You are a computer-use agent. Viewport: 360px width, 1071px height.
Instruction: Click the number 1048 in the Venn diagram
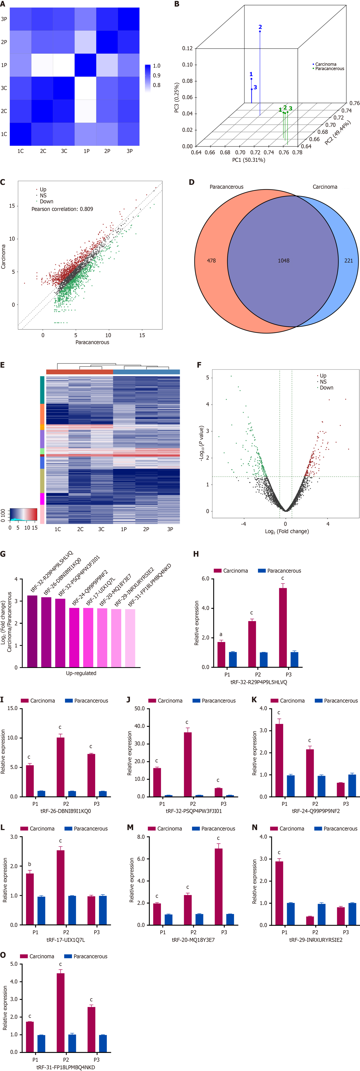tap(283, 261)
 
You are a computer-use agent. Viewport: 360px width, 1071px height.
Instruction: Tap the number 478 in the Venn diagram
tap(211, 261)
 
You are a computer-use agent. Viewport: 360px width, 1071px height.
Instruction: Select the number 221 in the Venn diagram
tap(348, 261)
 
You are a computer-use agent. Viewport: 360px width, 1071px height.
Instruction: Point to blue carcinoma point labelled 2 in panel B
tap(260, 32)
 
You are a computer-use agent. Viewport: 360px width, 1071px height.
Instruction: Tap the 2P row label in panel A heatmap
tap(4, 42)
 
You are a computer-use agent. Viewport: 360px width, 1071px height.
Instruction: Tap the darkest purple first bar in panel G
tap(33, 631)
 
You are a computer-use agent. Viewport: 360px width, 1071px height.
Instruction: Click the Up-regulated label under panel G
tap(81, 673)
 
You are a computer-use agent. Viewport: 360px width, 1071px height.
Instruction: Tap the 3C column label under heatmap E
tap(101, 529)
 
